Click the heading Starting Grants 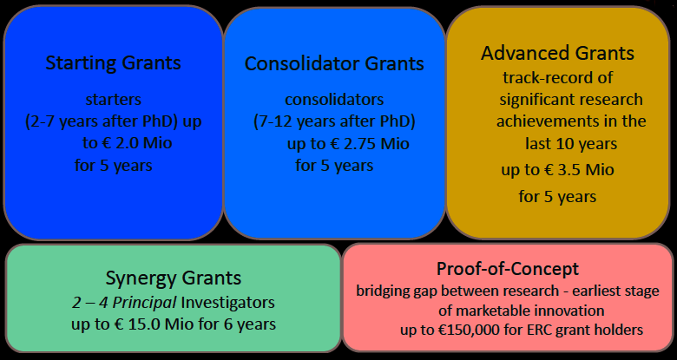pos(113,63)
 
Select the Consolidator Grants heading pos(334,63)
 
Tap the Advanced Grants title pos(557,54)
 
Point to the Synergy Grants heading pos(173,278)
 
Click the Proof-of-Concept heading pos(508,269)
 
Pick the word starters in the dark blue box pos(113,100)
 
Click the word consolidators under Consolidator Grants pos(334,100)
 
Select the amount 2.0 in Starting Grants pos(127,143)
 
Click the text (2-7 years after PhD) pos(102,122)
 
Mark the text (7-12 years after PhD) pos(334,121)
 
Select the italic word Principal pos(144,303)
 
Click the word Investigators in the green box pos(227,303)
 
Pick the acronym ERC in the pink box pos(534,331)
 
